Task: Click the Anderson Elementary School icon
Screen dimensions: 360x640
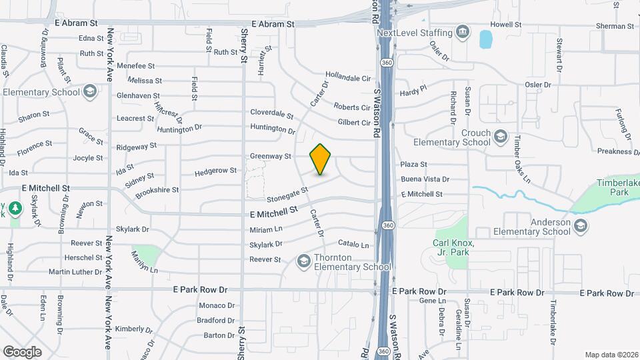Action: pos(581,227)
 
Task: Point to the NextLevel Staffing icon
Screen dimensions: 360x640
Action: pos(461,33)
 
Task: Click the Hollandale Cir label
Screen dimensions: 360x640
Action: pos(347,78)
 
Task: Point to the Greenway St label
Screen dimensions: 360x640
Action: pos(271,157)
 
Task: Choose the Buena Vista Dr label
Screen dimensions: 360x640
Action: pos(425,179)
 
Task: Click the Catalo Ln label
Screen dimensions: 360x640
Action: pos(353,245)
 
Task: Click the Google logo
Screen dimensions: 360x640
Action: pos(22,352)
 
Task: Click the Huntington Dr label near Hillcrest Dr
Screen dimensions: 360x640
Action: pos(179,128)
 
